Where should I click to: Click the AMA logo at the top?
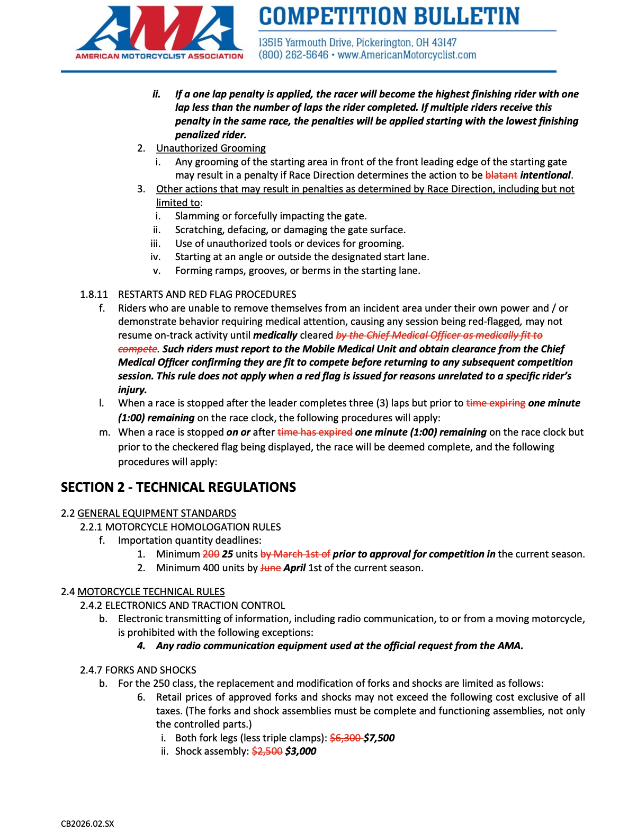click(159, 32)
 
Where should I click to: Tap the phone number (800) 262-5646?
click(293, 55)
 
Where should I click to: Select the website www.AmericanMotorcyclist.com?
click(407, 55)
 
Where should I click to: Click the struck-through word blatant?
click(501, 175)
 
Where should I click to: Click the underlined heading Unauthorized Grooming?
click(211, 148)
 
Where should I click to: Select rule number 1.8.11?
click(94, 294)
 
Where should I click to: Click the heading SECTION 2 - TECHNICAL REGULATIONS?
click(178, 487)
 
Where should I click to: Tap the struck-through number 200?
click(211, 554)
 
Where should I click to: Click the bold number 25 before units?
click(228, 554)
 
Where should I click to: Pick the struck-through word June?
click(270, 568)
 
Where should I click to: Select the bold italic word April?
click(294, 568)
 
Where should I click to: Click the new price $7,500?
click(379, 738)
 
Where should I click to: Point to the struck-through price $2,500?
click(267, 751)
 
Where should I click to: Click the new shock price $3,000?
click(300, 751)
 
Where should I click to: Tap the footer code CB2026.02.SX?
click(87, 824)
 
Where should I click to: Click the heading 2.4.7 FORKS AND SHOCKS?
click(138, 670)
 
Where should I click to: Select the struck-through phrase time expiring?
click(495, 403)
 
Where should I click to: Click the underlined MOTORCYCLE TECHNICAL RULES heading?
click(151, 592)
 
